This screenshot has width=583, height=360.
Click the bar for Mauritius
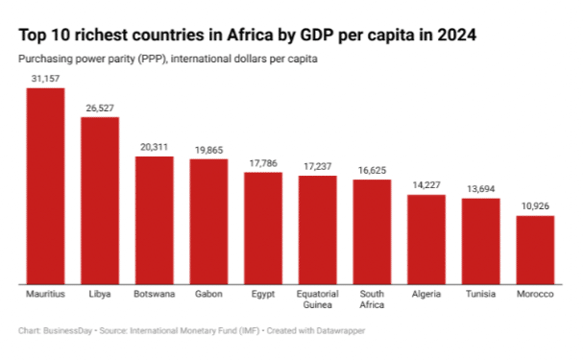pos(45,186)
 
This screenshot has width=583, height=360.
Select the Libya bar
pos(100,201)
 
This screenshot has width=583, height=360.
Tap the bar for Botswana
pos(154,220)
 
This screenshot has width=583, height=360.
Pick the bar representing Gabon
pos(208,222)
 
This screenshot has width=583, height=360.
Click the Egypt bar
pos(263,228)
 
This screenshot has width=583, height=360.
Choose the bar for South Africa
pos(372,231)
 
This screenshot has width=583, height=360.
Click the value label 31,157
pos(45,78)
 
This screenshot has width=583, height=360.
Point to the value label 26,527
pos(100,108)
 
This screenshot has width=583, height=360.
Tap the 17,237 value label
pos(318,166)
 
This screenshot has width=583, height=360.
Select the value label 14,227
pos(426,185)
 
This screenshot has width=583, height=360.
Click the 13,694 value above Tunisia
pos(481,189)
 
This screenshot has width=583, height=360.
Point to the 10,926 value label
pos(535,206)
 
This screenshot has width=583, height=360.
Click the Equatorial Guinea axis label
pos(318,300)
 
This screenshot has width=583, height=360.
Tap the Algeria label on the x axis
pos(426,294)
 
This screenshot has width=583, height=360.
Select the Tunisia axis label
pos(481,294)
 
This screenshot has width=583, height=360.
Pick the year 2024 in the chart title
pos(454,35)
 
